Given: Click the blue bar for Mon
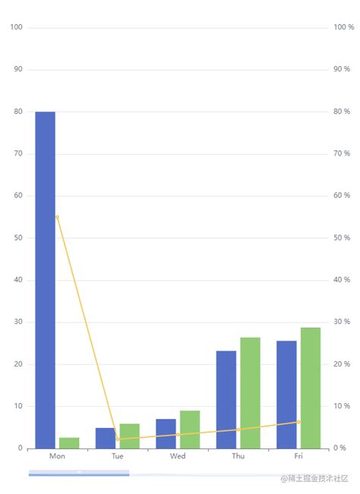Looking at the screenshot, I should (x=45, y=280).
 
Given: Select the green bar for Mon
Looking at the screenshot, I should (x=69, y=443).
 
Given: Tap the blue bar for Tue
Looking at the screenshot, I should (x=105, y=439).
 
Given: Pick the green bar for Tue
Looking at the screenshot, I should (x=129, y=436).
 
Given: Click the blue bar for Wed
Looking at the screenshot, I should (x=166, y=434).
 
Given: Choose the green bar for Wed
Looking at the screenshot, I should (x=190, y=429).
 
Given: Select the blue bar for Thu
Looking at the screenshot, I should (x=226, y=400).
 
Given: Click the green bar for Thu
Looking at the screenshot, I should (x=250, y=393).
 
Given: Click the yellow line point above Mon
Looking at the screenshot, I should (x=57, y=217).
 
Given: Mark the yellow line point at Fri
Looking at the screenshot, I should (x=298, y=422).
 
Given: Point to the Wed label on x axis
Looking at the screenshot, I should (x=178, y=457).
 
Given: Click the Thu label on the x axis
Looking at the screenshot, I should (x=238, y=457).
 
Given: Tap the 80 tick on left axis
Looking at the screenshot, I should (x=18, y=112).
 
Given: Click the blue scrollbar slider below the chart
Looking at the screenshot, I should (x=78, y=474).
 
